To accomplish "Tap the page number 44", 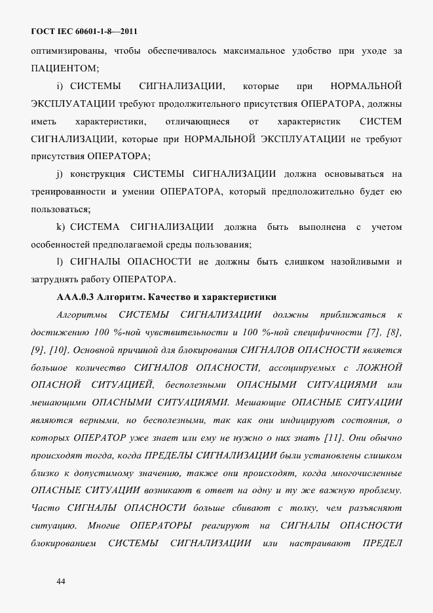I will coord(61,581).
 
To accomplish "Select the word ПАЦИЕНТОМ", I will coord(64,67).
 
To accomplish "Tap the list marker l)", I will coord(60,263).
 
